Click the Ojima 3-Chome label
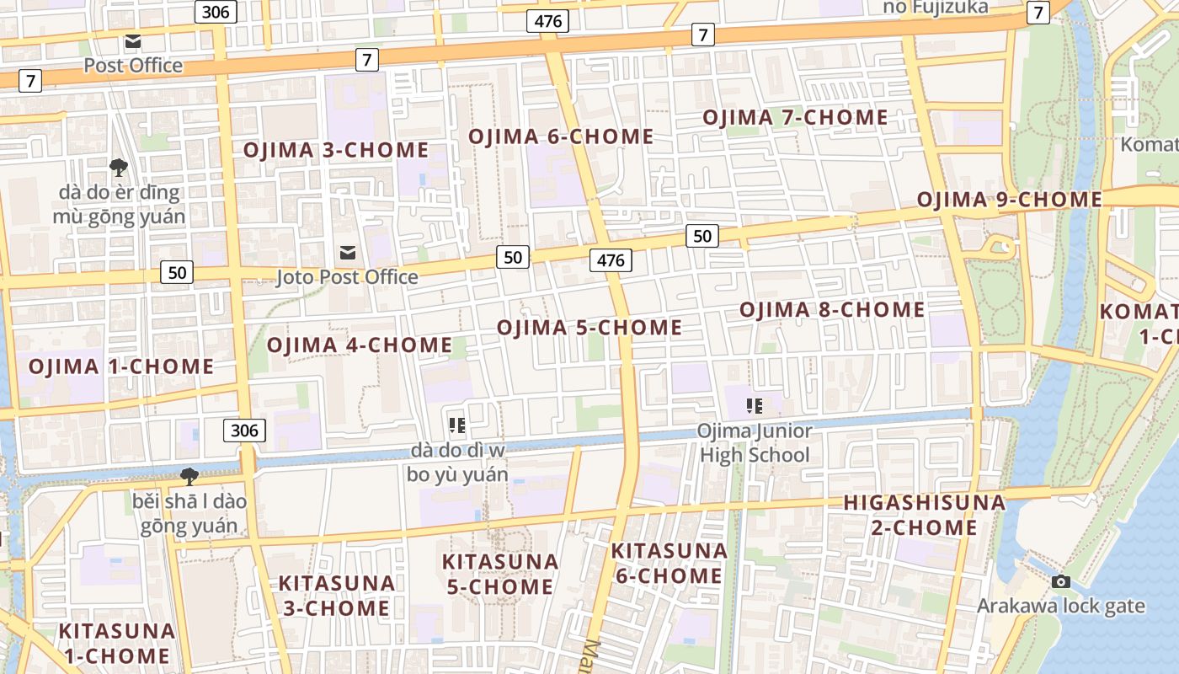[336, 151]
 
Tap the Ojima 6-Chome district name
[561, 136]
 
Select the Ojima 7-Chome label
[795, 117]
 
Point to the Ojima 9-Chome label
[1009, 200]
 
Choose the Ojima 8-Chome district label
[832, 310]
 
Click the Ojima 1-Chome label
[121, 366]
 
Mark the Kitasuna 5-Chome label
[500, 574]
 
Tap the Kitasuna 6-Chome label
[669, 563]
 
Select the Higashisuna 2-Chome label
[924, 516]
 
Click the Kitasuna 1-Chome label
[116, 643]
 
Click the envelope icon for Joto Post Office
[347, 253]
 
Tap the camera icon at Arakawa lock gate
[1061, 582]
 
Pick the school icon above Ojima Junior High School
[754, 407]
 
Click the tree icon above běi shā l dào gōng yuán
[189, 477]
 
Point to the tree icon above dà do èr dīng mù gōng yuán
[118, 167]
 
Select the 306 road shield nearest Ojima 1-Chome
[244, 431]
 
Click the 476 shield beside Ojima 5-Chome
[611, 260]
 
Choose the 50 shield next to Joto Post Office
[512, 257]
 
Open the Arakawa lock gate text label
[1061, 606]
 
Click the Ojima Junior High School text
[754, 443]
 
